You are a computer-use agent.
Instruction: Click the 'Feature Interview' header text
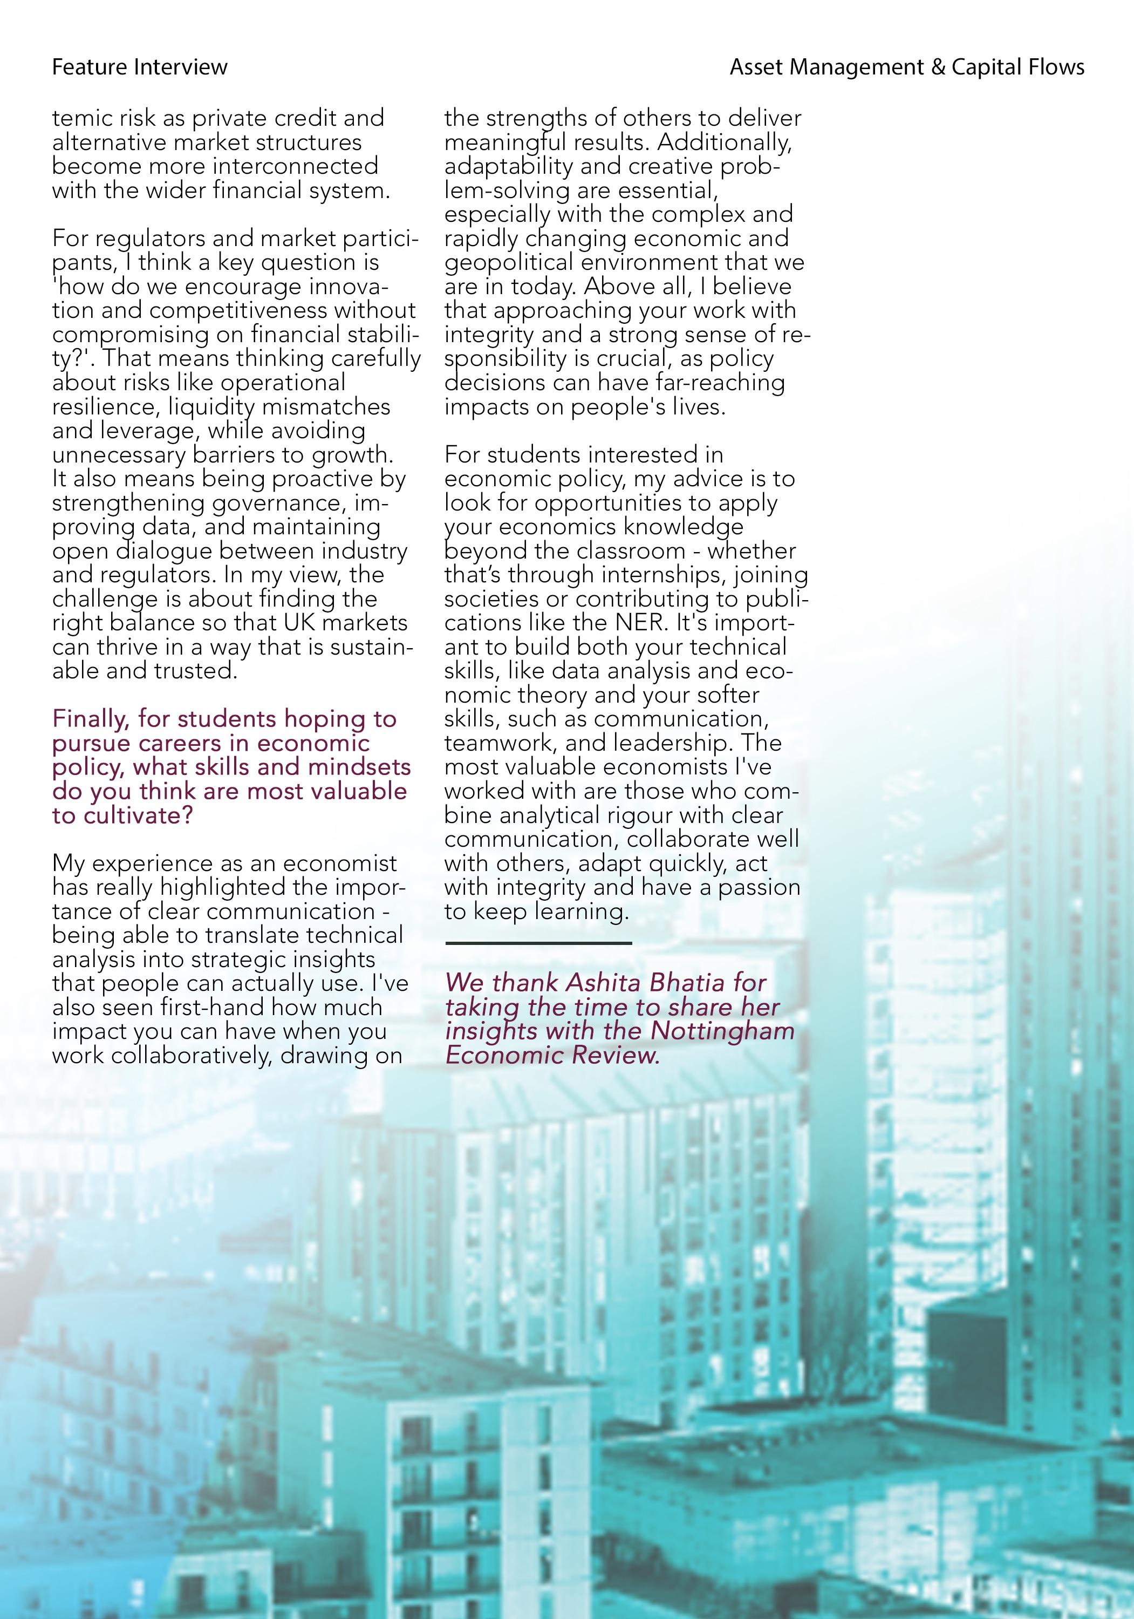pyautogui.click(x=140, y=67)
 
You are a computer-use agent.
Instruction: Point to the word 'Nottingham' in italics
pyautogui.click(x=722, y=1031)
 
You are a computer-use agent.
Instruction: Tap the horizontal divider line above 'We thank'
pyautogui.click(x=538, y=943)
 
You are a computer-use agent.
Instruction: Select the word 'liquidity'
pyautogui.click(x=211, y=407)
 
